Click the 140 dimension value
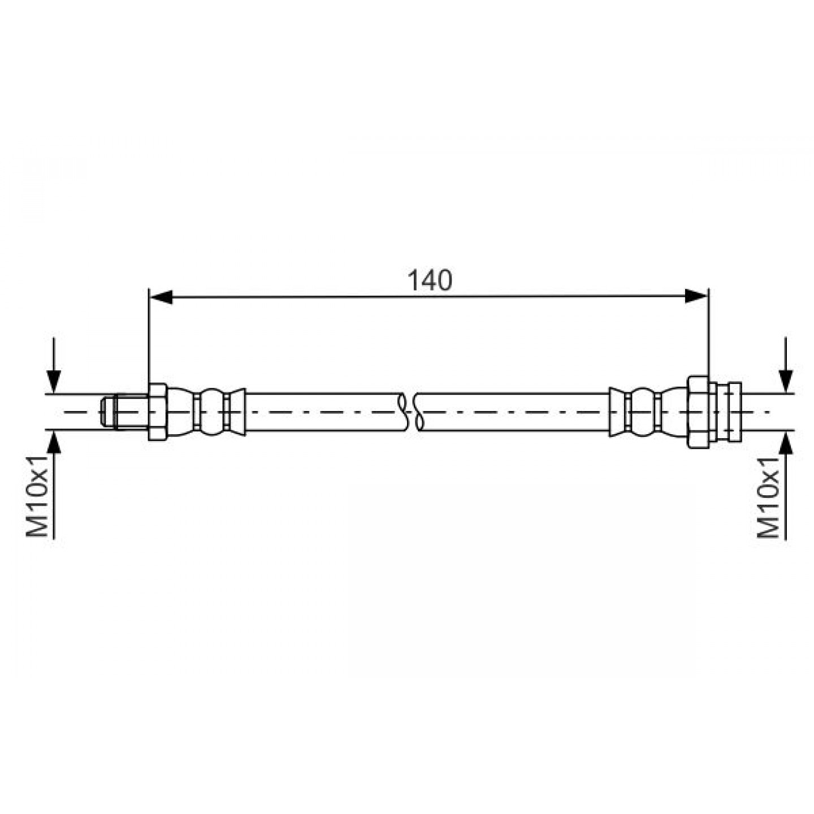point(430,280)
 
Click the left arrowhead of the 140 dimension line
point(161,297)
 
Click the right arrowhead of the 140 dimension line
point(696,296)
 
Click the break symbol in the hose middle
point(409,412)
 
